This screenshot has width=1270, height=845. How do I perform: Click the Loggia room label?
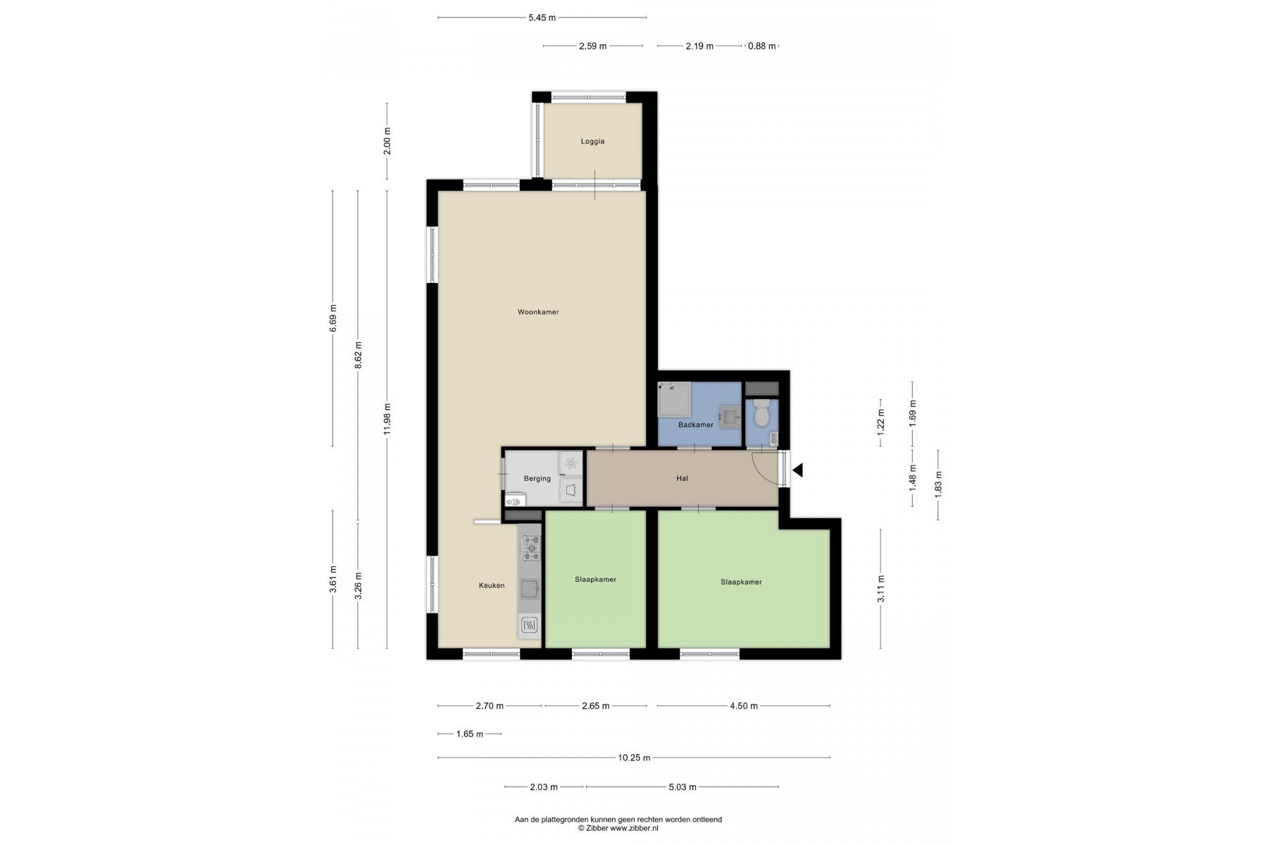click(x=592, y=142)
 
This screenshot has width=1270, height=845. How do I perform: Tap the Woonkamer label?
click(x=538, y=312)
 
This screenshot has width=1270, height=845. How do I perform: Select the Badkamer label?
click(x=696, y=425)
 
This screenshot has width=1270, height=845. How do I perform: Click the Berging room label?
click(x=537, y=479)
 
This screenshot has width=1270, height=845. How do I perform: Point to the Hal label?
click(x=682, y=479)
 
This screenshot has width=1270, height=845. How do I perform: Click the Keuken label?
click(x=492, y=585)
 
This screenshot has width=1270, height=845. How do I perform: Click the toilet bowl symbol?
click(x=761, y=413)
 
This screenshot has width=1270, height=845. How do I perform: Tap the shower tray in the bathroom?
click(x=674, y=401)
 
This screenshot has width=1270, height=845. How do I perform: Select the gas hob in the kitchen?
click(x=530, y=548)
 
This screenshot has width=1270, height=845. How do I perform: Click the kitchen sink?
click(x=530, y=589)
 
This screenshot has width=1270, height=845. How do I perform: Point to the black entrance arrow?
click(x=797, y=470)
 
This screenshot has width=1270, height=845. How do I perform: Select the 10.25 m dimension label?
click(x=634, y=758)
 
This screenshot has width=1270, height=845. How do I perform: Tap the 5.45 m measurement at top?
click(x=542, y=18)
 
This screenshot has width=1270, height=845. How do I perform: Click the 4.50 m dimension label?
click(x=744, y=706)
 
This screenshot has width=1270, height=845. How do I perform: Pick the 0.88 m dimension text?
click(x=761, y=46)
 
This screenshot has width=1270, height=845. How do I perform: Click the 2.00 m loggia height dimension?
click(x=387, y=141)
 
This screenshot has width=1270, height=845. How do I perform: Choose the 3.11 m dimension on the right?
click(x=880, y=589)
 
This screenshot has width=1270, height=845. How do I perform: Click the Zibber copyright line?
click(x=618, y=828)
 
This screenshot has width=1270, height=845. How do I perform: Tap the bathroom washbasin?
click(x=729, y=415)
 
